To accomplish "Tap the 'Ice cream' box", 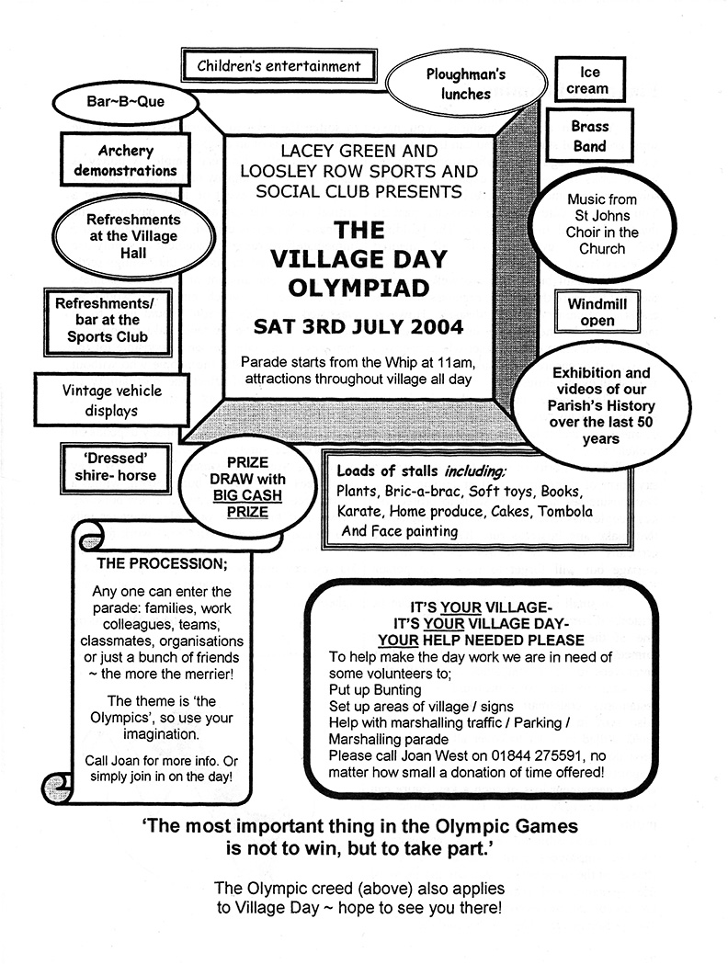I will [x=589, y=81].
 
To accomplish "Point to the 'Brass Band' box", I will [x=589, y=136].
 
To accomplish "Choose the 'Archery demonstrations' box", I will [x=125, y=160].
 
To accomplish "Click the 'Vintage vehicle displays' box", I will [x=113, y=400].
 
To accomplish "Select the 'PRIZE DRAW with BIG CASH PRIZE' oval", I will [x=245, y=487].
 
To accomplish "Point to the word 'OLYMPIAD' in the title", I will [x=358, y=287].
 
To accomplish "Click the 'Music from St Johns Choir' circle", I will [x=602, y=224].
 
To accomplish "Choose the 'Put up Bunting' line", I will [x=375, y=689].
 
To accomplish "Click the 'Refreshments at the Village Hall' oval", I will [x=120, y=236].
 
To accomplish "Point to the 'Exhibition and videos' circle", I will [x=600, y=405].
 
